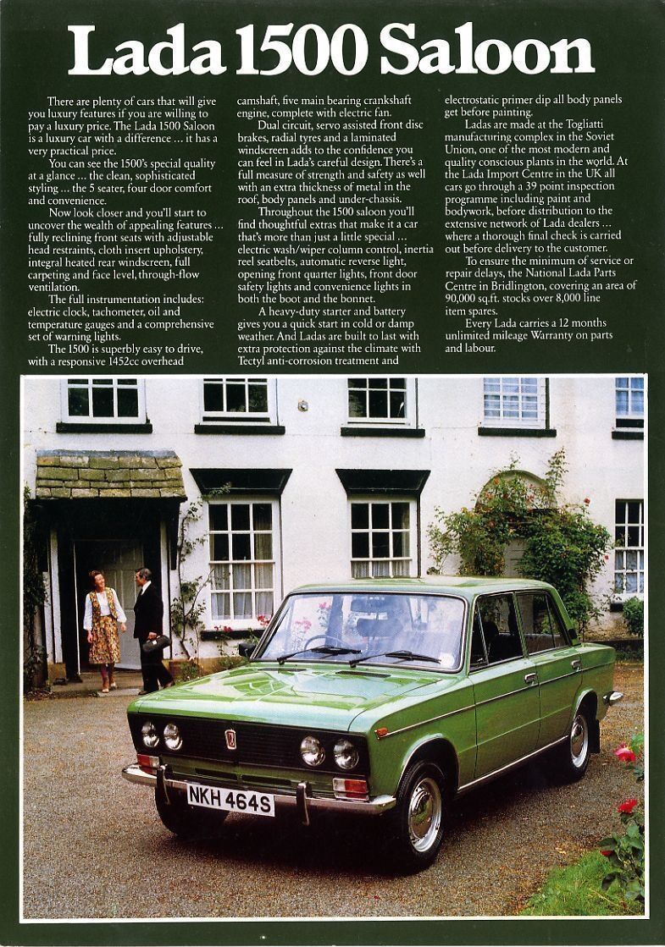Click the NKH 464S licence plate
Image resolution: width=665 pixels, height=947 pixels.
click(x=230, y=799)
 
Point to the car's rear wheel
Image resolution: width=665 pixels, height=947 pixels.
click(x=579, y=741)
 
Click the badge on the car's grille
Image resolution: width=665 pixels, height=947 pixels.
click(x=230, y=739)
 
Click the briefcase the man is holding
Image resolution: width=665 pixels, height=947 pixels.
click(x=154, y=644)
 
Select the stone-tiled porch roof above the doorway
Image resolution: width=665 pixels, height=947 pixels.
click(x=110, y=475)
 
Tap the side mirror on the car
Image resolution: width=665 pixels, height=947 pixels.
click(x=246, y=648)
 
